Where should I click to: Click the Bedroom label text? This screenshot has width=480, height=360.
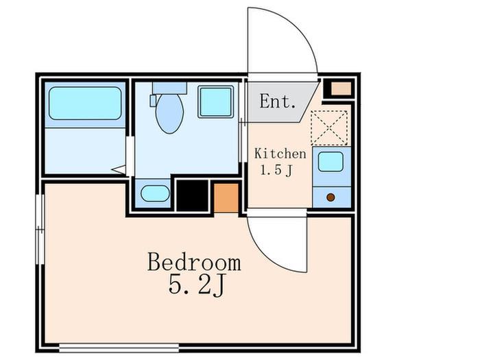pos(194,262)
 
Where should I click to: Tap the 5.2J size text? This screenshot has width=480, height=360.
pos(197,285)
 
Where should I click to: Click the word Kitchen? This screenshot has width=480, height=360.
pos(280,154)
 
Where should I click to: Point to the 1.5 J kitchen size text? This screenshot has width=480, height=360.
pos(276,170)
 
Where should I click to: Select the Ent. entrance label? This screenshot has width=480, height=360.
pos(278,101)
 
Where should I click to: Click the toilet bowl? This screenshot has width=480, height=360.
pos(169,113)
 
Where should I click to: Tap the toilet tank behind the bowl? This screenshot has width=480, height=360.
pos(169,88)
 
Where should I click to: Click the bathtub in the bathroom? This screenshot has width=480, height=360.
pos(85,103)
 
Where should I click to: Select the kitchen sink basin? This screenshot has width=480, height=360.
pos(331,162)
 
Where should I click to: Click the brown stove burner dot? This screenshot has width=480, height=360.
pos(331,197)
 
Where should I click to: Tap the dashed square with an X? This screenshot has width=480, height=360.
pos(329,128)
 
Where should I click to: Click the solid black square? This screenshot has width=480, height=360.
pos(192,195)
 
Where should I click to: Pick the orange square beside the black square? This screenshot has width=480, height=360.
pos(226,197)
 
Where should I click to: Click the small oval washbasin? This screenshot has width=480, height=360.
pos(155,193)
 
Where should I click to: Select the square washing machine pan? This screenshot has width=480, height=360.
pos(216,101)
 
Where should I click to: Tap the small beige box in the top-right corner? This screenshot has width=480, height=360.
pos(341,88)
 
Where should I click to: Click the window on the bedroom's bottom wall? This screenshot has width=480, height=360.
pos(119,348)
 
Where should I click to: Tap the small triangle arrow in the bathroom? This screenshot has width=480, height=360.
pos(119,169)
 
